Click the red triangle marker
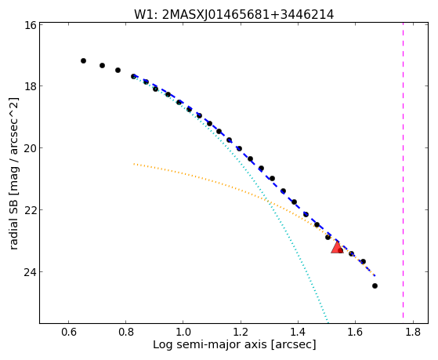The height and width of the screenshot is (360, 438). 337,247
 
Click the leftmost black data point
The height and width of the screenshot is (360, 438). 83,60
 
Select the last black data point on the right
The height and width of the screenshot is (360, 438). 375,285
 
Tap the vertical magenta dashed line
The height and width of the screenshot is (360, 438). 403,170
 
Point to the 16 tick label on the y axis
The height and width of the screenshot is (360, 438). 31,24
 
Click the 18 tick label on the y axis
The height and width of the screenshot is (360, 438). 31,85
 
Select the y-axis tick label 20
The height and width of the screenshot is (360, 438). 31,147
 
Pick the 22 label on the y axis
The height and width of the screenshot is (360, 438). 31,209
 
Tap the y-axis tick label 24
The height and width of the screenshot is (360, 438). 31,271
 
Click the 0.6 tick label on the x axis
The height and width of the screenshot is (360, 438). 68,332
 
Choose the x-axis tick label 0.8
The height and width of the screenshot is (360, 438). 125,332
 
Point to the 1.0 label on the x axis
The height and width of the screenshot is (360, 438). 183,332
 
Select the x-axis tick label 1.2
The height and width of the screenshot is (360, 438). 241,332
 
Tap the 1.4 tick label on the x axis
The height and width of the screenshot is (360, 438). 298,332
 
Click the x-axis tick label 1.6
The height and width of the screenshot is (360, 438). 355,332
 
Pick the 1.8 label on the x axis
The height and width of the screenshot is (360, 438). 413,332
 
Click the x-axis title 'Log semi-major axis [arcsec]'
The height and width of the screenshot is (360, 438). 234,345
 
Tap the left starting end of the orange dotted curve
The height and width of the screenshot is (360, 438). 134,164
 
